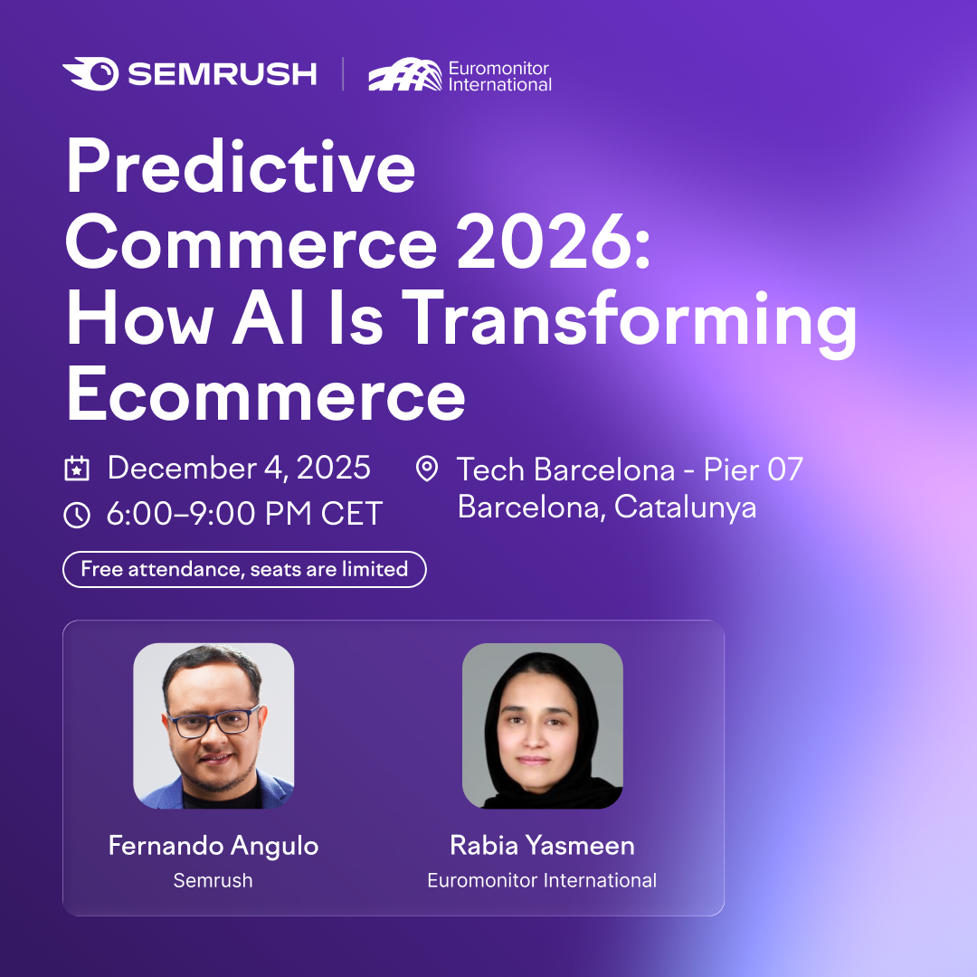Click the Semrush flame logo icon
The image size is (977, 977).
(91, 73)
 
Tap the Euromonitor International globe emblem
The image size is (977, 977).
(405, 74)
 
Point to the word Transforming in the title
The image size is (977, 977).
(630, 321)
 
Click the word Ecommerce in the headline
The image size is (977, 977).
(266, 394)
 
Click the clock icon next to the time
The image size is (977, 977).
(77, 516)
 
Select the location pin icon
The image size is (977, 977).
(427, 469)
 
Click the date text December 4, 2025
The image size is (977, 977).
(239, 468)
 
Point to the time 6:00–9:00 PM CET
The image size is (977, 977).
(244, 514)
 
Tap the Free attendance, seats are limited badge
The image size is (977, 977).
(244, 570)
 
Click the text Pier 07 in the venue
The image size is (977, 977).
(754, 470)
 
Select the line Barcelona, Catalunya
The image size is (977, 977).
(607, 507)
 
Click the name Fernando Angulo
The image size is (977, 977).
(213, 846)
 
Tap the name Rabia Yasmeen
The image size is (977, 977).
(542, 846)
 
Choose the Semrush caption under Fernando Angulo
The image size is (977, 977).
(213, 880)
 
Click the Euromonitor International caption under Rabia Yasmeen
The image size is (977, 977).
(542, 880)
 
